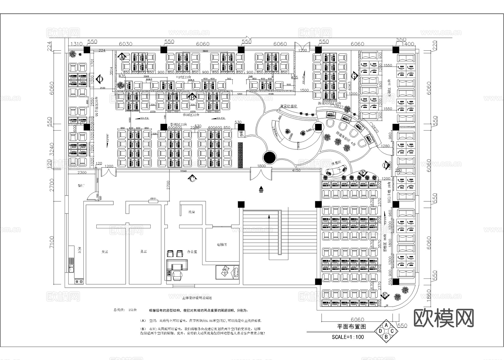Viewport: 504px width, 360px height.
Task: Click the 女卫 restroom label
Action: [105, 252]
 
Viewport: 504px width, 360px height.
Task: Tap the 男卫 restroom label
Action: [143, 252]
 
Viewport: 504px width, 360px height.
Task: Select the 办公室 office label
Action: [192, 252]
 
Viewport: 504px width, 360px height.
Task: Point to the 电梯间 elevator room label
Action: [222, 245]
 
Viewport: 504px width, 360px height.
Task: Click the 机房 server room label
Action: [192, 212]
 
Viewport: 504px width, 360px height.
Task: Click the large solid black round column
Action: [270, 158]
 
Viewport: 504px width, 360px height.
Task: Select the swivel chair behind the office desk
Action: [177, 275]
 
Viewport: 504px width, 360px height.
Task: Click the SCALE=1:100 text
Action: [348, 337]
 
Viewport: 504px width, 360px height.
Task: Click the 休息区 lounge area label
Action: [336, 163]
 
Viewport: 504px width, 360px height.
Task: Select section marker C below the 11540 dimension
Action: [192, 179]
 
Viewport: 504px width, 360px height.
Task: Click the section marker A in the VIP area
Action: [122, 57]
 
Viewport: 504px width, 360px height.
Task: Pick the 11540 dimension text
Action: [183, 171]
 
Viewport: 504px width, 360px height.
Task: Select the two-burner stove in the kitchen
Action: [79, 281]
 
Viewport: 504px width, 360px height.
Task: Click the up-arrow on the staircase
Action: [269, 216]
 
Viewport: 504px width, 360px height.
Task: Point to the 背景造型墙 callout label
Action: [289, 106]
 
